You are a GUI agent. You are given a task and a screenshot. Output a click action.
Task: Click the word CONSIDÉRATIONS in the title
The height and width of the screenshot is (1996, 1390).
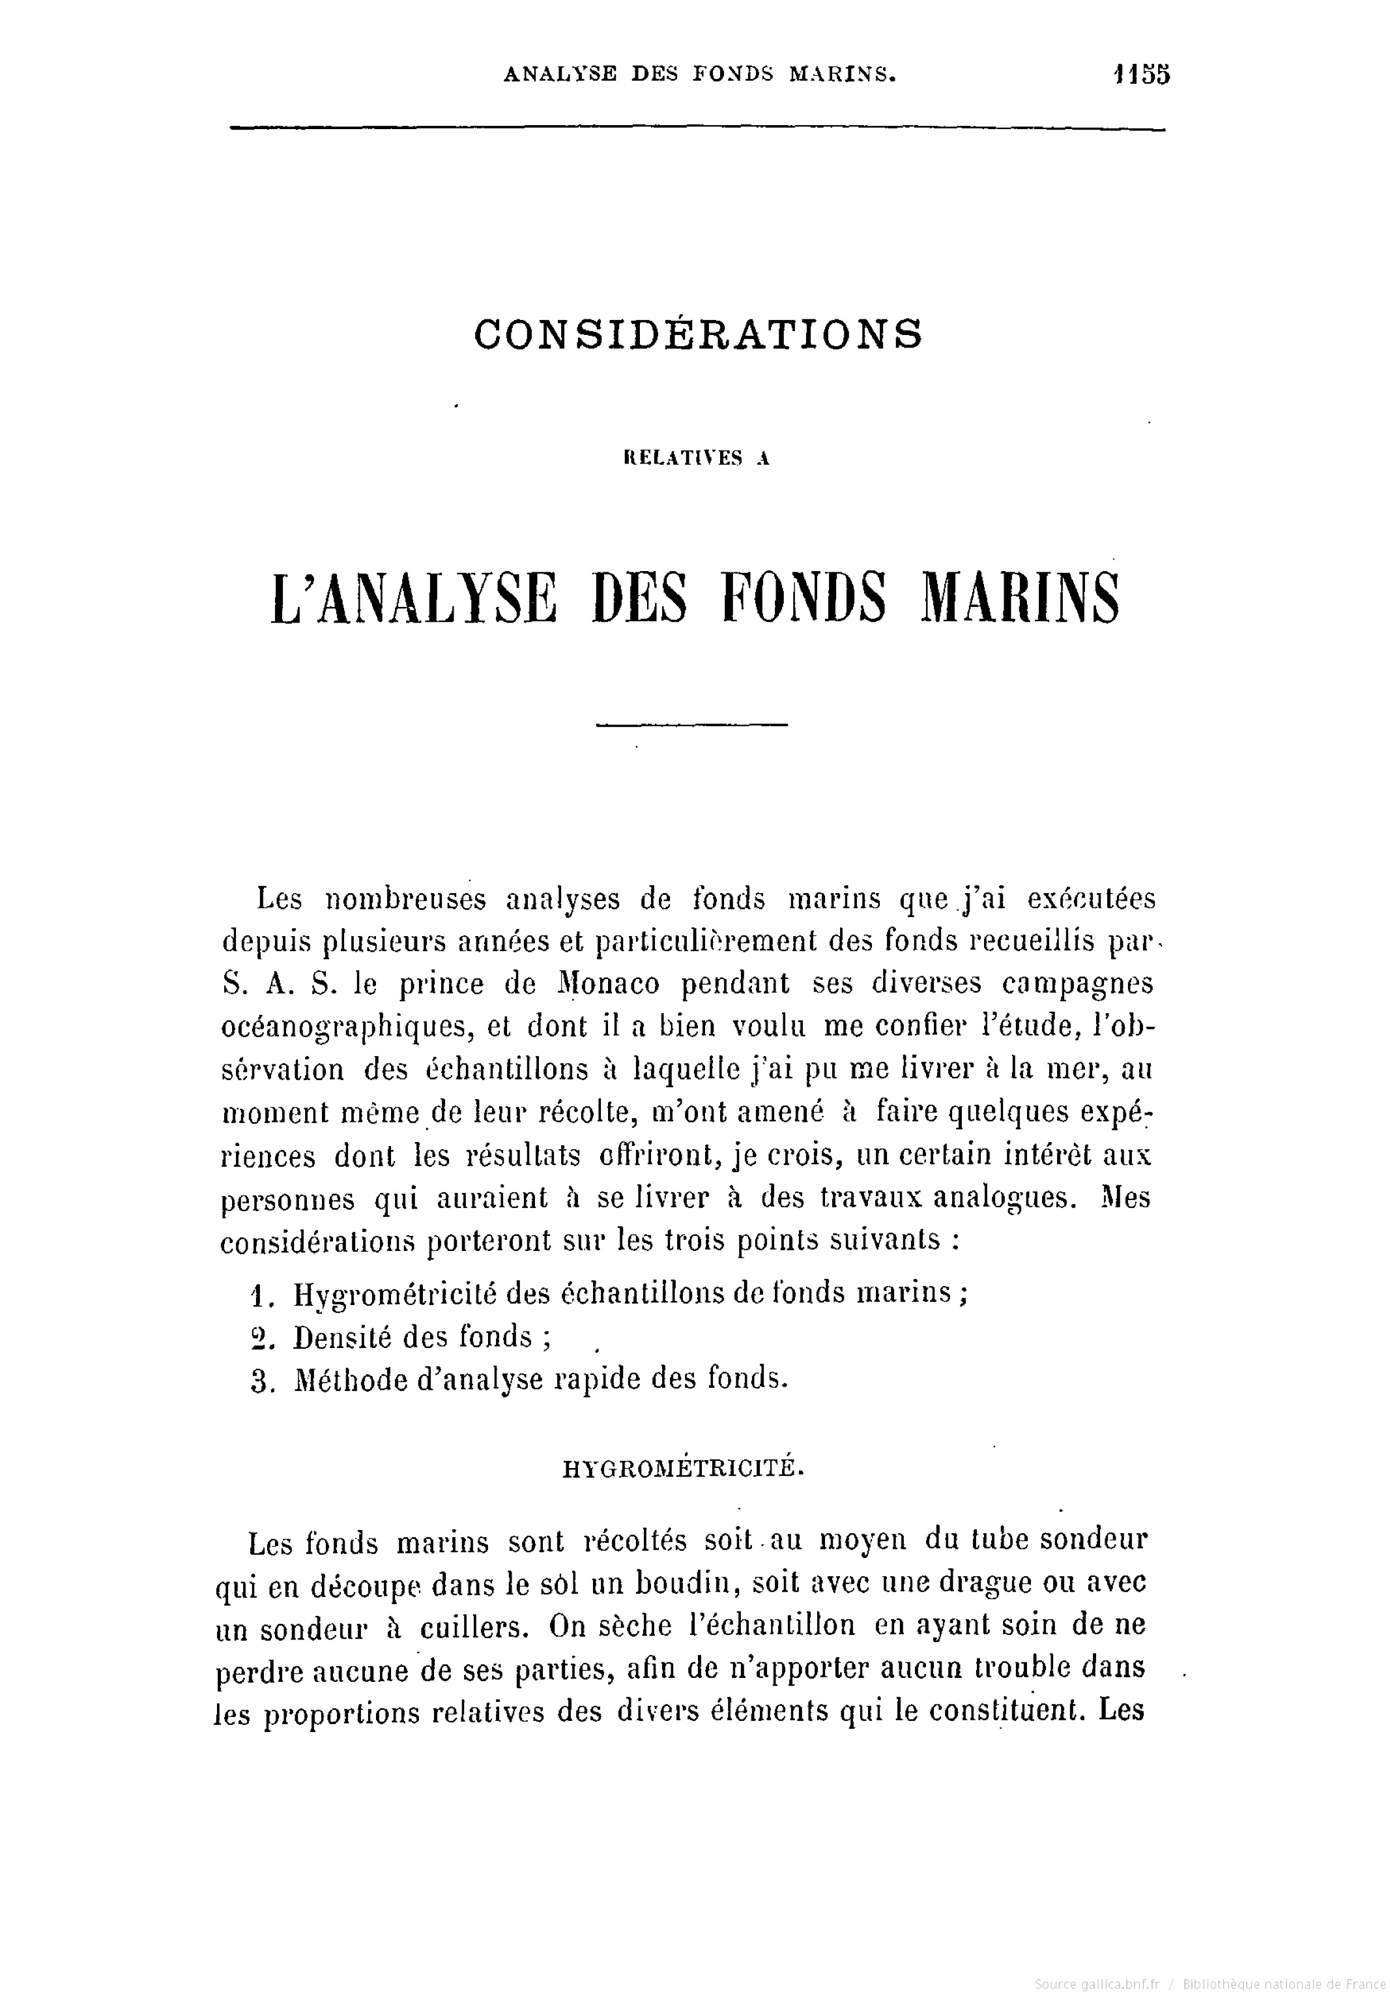698,334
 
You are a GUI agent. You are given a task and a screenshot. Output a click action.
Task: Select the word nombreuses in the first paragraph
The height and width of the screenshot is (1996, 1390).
404,898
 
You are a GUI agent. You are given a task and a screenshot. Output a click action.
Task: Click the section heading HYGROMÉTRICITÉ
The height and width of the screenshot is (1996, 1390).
683,1468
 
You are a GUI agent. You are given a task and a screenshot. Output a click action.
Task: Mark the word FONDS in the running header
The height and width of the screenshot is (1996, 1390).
733,75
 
